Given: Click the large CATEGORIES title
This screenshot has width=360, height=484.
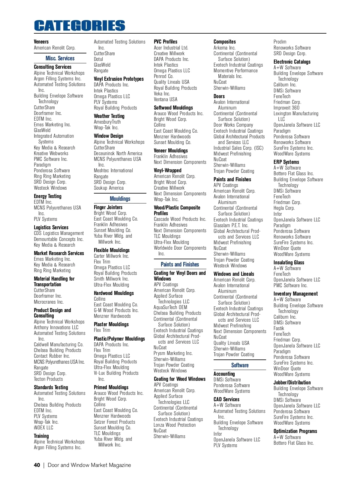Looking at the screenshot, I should coord(79,26).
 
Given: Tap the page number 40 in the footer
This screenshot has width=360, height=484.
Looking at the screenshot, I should coord(37,465).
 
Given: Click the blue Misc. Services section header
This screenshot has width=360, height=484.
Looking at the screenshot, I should coord(60,58).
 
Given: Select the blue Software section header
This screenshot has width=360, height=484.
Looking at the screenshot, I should coord(240,365).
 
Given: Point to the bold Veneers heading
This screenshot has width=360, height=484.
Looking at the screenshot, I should coord(41,42).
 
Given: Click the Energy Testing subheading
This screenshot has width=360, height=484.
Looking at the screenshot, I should coord(47,196).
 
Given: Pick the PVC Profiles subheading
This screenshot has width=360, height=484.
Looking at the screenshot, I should coord(165,42).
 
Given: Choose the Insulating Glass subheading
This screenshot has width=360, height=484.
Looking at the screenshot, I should coord(289,263).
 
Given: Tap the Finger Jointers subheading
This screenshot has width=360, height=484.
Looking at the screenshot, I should coord(108,207).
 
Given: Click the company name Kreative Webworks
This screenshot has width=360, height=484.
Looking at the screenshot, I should coord(51,153).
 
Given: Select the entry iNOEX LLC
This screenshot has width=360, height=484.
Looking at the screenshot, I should coord(43,428).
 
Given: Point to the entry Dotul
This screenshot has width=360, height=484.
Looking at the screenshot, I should coord(98,59).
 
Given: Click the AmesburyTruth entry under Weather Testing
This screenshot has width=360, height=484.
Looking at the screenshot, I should coord(107,122).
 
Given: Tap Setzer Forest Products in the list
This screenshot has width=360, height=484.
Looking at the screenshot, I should coord(114,422).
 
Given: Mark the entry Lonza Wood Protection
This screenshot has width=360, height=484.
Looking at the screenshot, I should coord(175,425).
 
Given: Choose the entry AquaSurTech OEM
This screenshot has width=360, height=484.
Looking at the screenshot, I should coord(170,307).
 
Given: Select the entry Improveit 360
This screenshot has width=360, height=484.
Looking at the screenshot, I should coord(286,108).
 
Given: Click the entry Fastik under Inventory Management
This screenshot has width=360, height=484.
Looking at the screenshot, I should coord(279,328).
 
